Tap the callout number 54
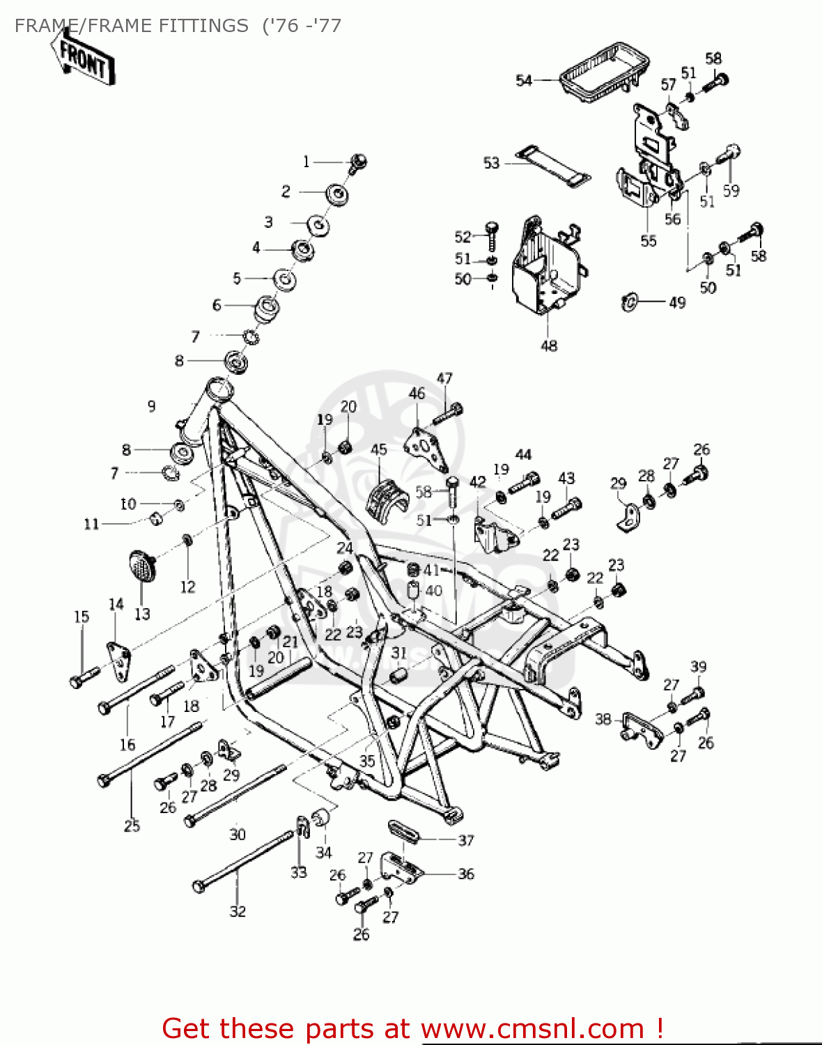pyautogui.click(x=523, y=81)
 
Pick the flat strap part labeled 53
pyautogui.click(x=553, y=167)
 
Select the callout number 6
pyautogui.click(x=217, y=305)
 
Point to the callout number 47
pyautogui.click(x=444, y=378)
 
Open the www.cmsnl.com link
pyautogui.click(x=533, y=1028)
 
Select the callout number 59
pyautogui.click(x=731, y=190)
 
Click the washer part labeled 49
pyautogui.click(x=629, y=302)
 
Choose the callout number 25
pyautogui.click(x=132, y=826)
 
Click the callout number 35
pyautogui.click(x=367, y=761)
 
